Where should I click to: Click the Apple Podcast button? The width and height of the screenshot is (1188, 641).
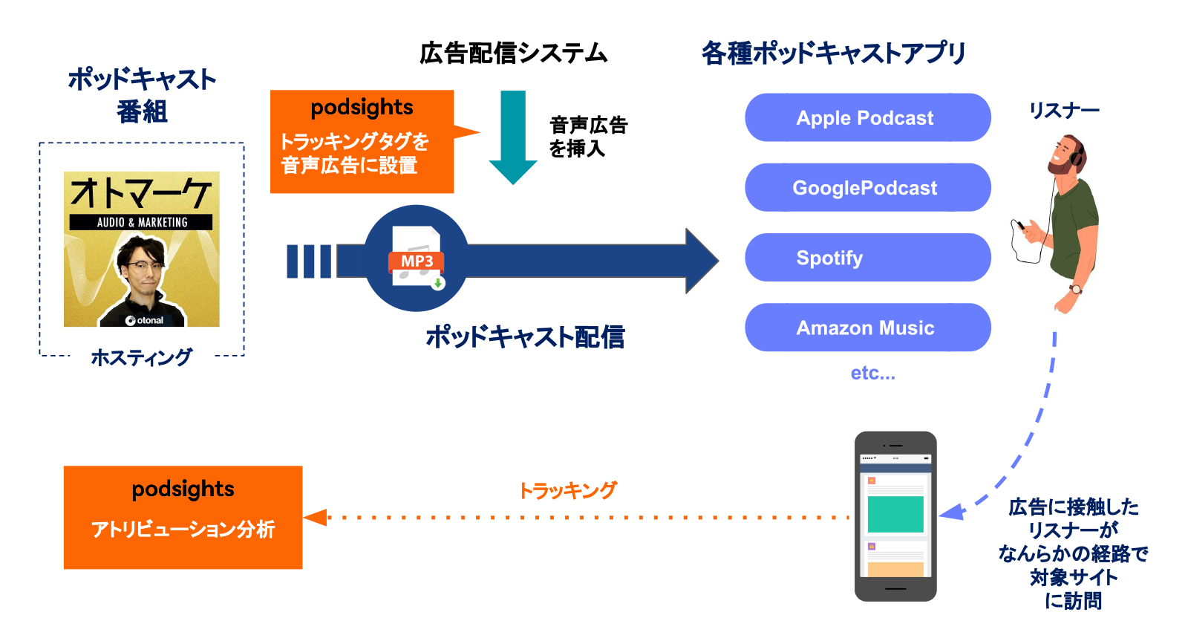click(x=866, y=117)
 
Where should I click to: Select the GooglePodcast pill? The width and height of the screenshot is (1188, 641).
click(x=866, y=187)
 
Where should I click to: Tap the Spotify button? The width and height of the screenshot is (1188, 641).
click(x=866, y=258)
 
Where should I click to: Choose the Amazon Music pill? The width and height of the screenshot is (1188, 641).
click(x=866, y=328)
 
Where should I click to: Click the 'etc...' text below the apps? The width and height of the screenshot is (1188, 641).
click(x=872, y=373)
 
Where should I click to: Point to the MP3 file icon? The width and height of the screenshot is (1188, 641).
click(x=417, y=257)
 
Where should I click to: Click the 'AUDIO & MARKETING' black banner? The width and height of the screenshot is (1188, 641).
click(x=141, y=222)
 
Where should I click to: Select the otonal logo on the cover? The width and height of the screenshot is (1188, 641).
click(x=145, y=320)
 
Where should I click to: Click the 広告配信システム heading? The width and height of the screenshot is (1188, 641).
click(x=513, y=53)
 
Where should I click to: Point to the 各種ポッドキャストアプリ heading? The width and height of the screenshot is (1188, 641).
click(x=833, y=53)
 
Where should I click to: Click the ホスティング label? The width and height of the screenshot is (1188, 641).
click(x=141, y=357)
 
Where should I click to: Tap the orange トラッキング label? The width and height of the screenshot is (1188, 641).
click(x=567, y=490)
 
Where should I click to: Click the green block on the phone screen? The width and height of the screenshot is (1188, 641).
click(x=895, y=514)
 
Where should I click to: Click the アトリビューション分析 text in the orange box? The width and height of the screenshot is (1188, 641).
click(x=183, y=529)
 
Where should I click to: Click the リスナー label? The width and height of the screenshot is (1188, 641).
click(x=1063, y=111)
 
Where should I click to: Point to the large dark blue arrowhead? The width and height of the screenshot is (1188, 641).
click(x=701, y=261)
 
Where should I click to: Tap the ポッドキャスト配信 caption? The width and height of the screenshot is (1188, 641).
click(x=524, y=337)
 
